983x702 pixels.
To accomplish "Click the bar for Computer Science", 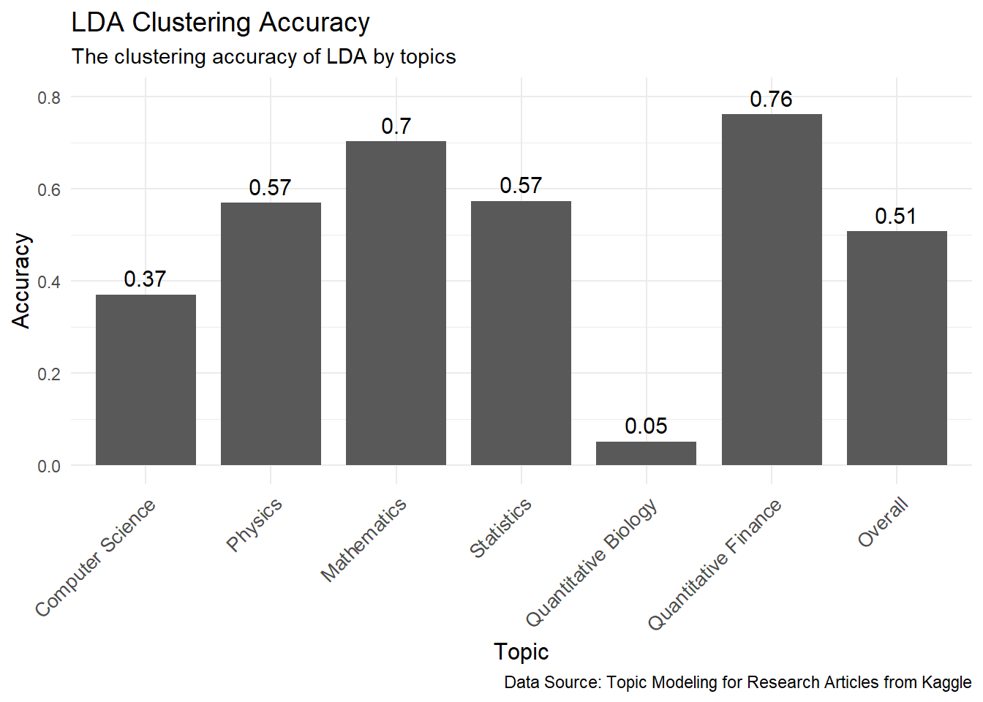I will point(146,380).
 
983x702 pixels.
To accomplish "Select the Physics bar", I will point(271,333).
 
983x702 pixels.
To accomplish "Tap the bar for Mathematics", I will point(396,303).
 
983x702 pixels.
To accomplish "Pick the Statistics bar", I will point(521,333).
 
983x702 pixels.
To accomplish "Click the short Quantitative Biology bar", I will point(646,453).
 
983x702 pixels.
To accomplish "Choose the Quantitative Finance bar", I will point(772,290).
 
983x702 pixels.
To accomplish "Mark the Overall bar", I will point(897,348).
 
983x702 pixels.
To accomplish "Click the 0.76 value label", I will point(771,99).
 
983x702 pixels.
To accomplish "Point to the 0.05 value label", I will point(646,426).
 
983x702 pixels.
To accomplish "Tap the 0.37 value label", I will point(145,279).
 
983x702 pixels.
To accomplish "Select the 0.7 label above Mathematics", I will point(396,127).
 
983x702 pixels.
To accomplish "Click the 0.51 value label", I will point(895,216).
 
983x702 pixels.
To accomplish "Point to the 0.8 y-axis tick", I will point(49,97).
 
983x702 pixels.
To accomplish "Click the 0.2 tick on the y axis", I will point(49,374).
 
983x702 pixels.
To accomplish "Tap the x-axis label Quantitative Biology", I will point(592,563).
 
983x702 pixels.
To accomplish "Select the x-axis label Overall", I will point(883,522).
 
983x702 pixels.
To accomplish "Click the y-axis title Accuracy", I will point(22,281).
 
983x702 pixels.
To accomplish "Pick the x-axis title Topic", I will point(521,652).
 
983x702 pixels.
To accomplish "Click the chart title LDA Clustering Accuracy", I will point(220,23).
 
